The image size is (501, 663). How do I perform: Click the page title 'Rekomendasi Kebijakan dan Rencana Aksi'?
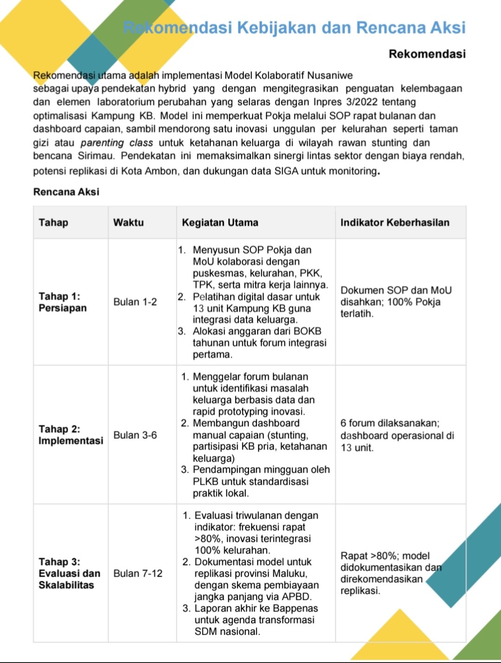(x=294, y=28)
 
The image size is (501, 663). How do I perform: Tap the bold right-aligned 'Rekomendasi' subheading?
(x=427, y=54)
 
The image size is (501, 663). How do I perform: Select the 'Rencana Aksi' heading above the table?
(x=66, y=191)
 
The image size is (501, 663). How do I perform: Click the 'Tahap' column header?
(x=53, y=223)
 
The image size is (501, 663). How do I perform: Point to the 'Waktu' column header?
(x=128, y=223)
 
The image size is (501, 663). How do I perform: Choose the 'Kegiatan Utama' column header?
(x=220, y=223)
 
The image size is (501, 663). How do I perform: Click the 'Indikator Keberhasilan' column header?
(x=395, y=223)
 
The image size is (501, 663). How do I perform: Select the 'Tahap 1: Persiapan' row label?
(x=63, y=302)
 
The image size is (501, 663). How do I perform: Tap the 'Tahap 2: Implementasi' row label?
(x=71, y=434)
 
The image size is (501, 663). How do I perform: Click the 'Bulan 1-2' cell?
(x=135, y=302)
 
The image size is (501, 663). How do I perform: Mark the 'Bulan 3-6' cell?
(x=135, y=435)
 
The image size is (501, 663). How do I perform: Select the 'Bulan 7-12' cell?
(x=138, y=574)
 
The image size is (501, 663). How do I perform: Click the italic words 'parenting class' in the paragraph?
(x=116, y=143)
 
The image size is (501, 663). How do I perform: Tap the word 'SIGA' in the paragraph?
(x=286, y=171)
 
